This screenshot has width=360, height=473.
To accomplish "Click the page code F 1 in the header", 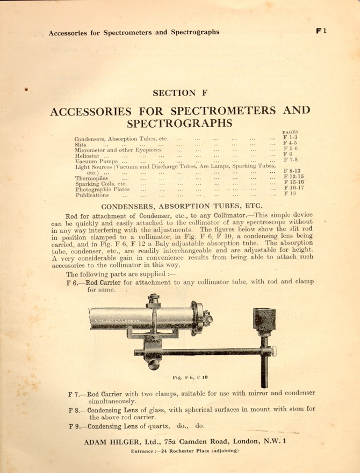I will pyautogui.click(x=321, y=31).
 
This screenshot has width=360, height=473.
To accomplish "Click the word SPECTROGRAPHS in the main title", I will pyautogui.click(x=179, y=123).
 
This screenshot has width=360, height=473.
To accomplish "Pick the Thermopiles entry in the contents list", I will pyautogui.click(x=91, y=178).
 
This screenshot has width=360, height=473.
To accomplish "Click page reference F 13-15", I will pyautogui.click(x=293, y=176).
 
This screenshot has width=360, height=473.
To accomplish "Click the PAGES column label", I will pyautogui.click(x=290, y=132).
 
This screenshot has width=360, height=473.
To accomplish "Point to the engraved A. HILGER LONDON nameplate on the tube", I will pyautogui.click(x=117, y=321).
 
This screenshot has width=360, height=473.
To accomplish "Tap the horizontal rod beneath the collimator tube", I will pyautogui.click(x=199, y=352).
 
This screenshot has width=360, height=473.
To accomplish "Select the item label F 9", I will pyautogui.click(x=74, y=427).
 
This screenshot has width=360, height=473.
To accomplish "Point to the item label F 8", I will pyautogui.click(x=74, y=410).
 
